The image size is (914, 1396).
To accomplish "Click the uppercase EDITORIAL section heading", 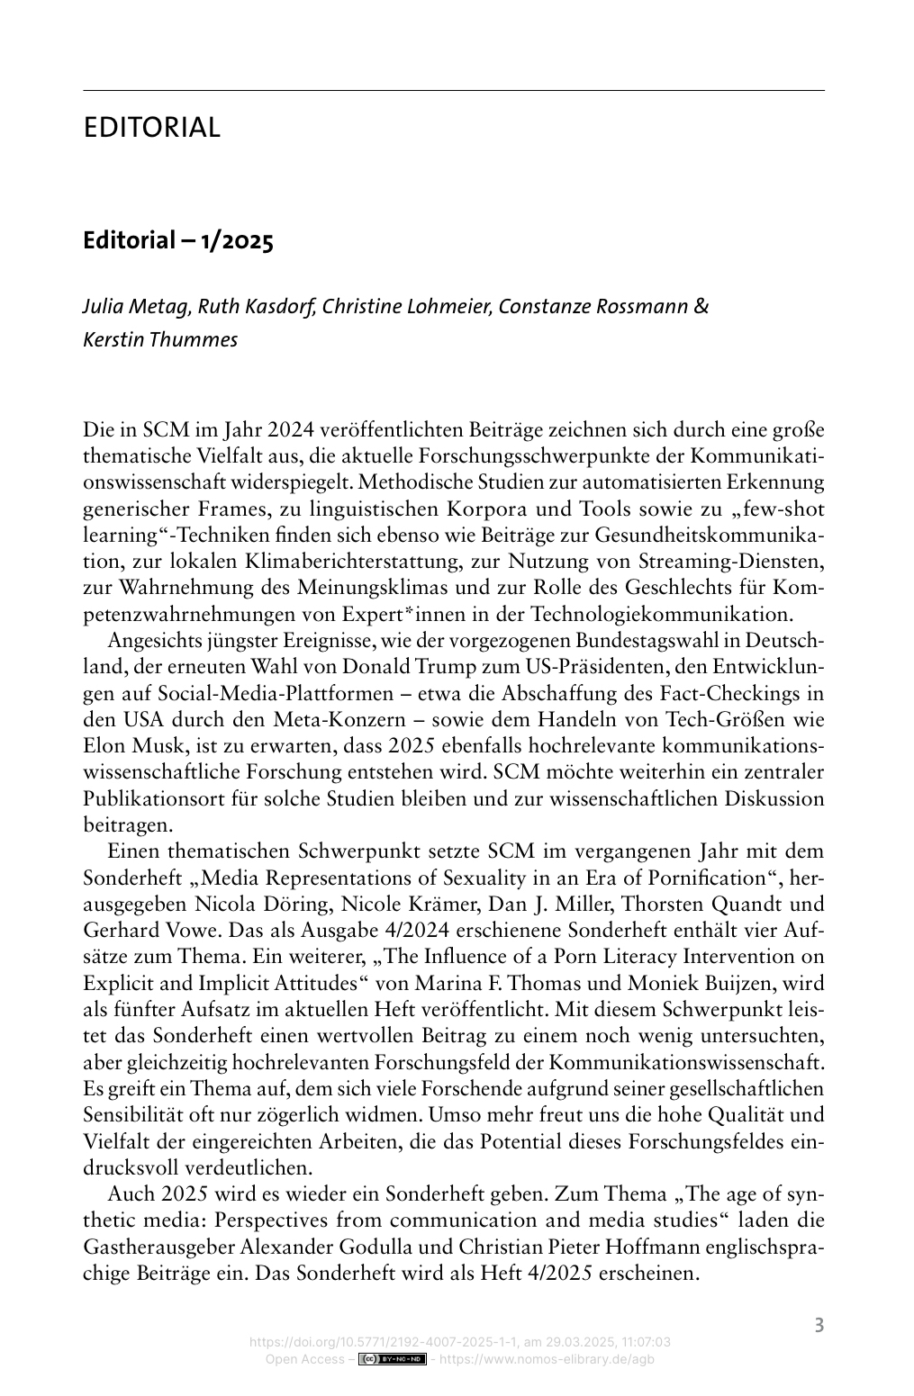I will click(x=151, y=128).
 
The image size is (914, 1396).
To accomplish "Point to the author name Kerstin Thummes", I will click(x=160, y=341).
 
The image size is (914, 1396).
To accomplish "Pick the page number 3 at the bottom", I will click(x=819, y=1325).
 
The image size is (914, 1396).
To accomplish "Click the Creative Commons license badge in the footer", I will click(x=392, y=1359).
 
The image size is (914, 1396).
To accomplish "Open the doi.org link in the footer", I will click(x=459, y=1343).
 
